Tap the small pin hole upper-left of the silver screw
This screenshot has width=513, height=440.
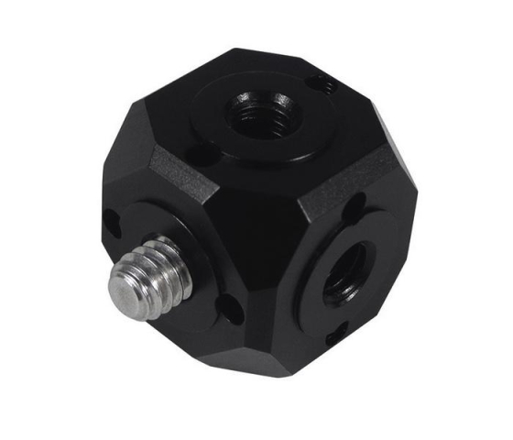(111, 221)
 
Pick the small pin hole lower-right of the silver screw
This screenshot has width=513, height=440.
(232, 308)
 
